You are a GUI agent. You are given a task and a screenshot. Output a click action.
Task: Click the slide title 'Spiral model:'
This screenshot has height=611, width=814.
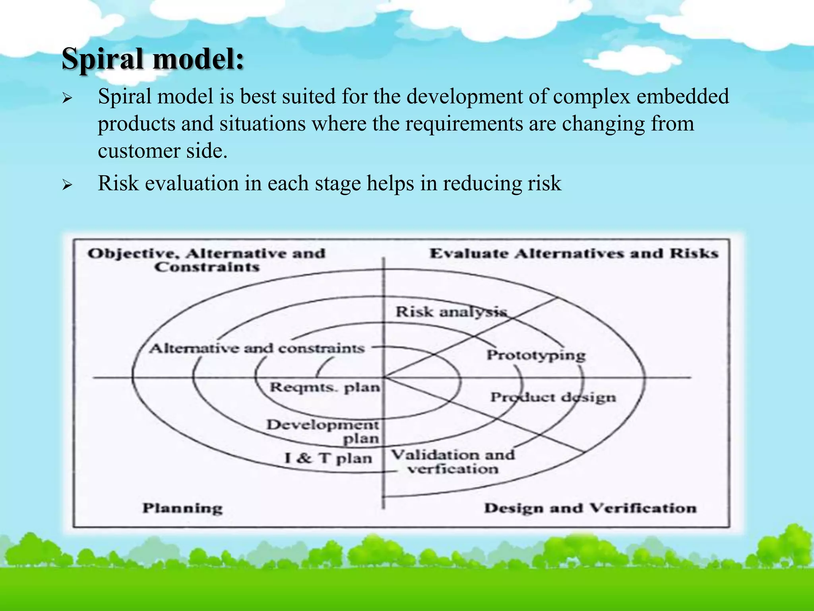point(153,59)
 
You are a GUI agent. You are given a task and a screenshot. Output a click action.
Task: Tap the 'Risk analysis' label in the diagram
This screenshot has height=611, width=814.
point(451,311)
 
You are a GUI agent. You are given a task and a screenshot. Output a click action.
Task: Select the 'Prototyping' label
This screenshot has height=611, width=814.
point(536,355)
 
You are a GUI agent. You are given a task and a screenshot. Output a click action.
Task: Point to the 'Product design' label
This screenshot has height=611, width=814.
point(553,397)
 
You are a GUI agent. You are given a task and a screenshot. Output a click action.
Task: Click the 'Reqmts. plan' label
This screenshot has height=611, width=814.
point(325,387)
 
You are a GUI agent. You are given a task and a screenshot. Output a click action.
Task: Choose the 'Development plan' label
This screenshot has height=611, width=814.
point(323,431)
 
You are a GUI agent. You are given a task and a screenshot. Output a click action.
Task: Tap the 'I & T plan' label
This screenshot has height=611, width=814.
point(328,458)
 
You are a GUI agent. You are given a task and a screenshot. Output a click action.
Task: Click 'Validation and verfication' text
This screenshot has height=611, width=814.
point(453,461)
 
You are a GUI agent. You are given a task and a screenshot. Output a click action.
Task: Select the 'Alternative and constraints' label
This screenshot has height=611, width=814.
point(257,348)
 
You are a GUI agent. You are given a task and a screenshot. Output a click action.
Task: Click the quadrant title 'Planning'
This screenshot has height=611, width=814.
point(182,508)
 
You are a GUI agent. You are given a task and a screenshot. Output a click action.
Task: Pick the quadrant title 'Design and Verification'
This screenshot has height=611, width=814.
point(590,508)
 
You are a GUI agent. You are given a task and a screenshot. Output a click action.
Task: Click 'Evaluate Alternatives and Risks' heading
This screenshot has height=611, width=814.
point(574,253)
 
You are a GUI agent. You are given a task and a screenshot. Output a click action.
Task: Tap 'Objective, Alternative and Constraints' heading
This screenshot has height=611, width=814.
point(207,259)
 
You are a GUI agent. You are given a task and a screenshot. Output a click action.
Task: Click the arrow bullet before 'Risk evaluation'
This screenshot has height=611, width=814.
point(67,185)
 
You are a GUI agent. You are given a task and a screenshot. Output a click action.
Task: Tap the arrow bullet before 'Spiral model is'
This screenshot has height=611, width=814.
point(67,98)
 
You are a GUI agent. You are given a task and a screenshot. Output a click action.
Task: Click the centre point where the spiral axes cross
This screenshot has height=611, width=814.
point(384,377)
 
